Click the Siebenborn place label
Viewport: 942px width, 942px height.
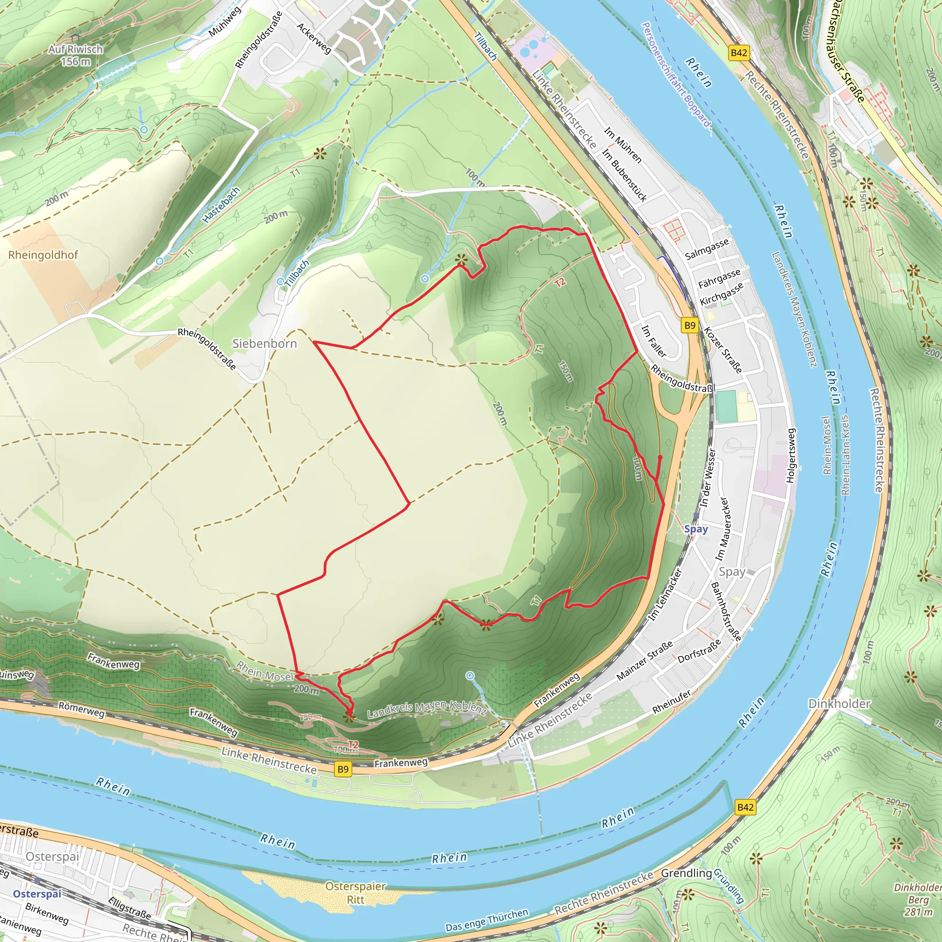pyautogui.click(x=264, y=344)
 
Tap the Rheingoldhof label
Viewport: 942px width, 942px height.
pyautogui.click(x=43, y=255)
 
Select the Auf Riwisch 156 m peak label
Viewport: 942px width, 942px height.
pyautogui.click(x=75, y=55)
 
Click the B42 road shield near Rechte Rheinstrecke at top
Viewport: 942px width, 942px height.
pyautogui.click(x=739, y=52)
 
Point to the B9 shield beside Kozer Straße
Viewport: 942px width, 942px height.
pyautogui.click(x=689, y=325)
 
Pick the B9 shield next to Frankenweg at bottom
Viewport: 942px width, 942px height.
pyautogui.click(x=343, y=769)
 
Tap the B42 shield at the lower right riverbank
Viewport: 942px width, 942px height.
pyautogui.click(x=745, y=807)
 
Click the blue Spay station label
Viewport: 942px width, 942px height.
pyautogui.click(x=696, y=529)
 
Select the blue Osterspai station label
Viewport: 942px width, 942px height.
pyautogui.click(x=37, y=894)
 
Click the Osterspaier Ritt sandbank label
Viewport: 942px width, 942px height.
pyautogui.click(x=356, y=893)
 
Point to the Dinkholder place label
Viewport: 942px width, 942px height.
pyautogui.click(x=839, y=704)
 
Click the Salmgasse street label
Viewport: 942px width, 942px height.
pyautogui.click(x=706, y=249)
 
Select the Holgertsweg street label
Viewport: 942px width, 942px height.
pyautogui.click(x=791, y=456)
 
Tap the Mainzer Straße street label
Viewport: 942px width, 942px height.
pyautogui.click(x=644, y=661)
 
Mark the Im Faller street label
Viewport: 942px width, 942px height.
pyautogui.click(x=654, y=341)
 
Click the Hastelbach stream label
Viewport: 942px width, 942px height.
pyautogui.click(x=221, y=205)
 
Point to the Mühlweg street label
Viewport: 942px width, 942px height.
pyautogui.click(x=225, y=22)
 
